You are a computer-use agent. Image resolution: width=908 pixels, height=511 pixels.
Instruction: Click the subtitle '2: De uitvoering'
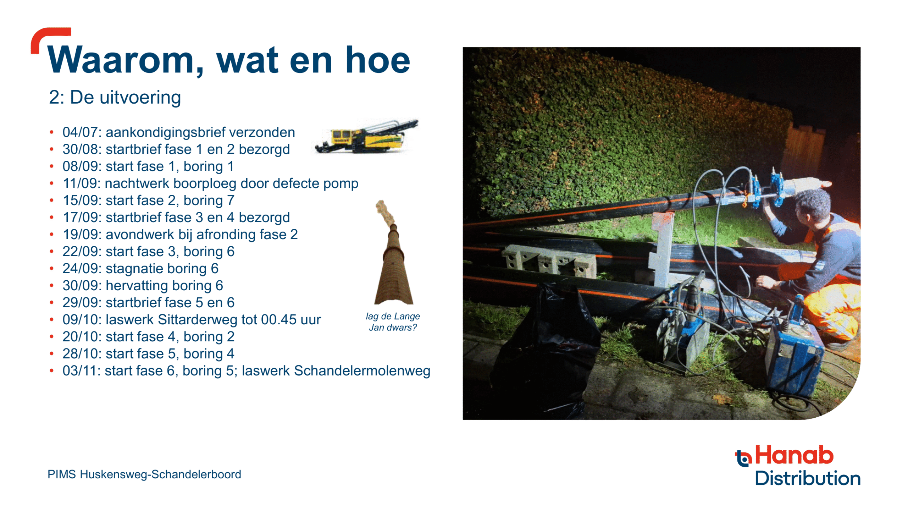(115, 97)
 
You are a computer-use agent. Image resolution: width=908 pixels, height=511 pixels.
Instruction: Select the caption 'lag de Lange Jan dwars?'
(393, 322)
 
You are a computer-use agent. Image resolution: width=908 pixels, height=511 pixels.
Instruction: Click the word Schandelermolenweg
(362, 371)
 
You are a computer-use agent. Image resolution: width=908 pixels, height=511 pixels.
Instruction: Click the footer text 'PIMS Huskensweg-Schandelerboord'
(144, 474)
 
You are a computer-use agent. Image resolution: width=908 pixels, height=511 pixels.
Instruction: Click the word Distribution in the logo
(808, 478)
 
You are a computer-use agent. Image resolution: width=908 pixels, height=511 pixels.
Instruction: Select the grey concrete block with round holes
(549, 261)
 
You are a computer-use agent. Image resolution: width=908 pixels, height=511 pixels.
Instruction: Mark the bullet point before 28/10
(52, 354)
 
